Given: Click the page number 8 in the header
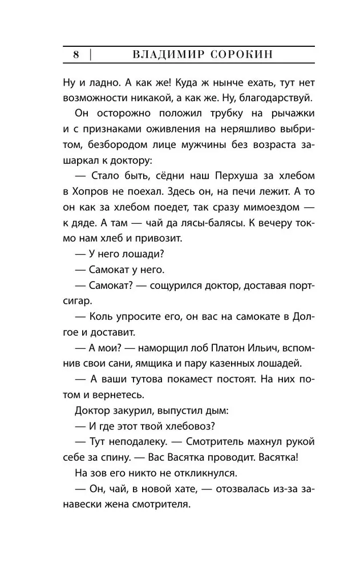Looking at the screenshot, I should (75, 55).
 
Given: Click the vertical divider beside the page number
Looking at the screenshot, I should (90, 55).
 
